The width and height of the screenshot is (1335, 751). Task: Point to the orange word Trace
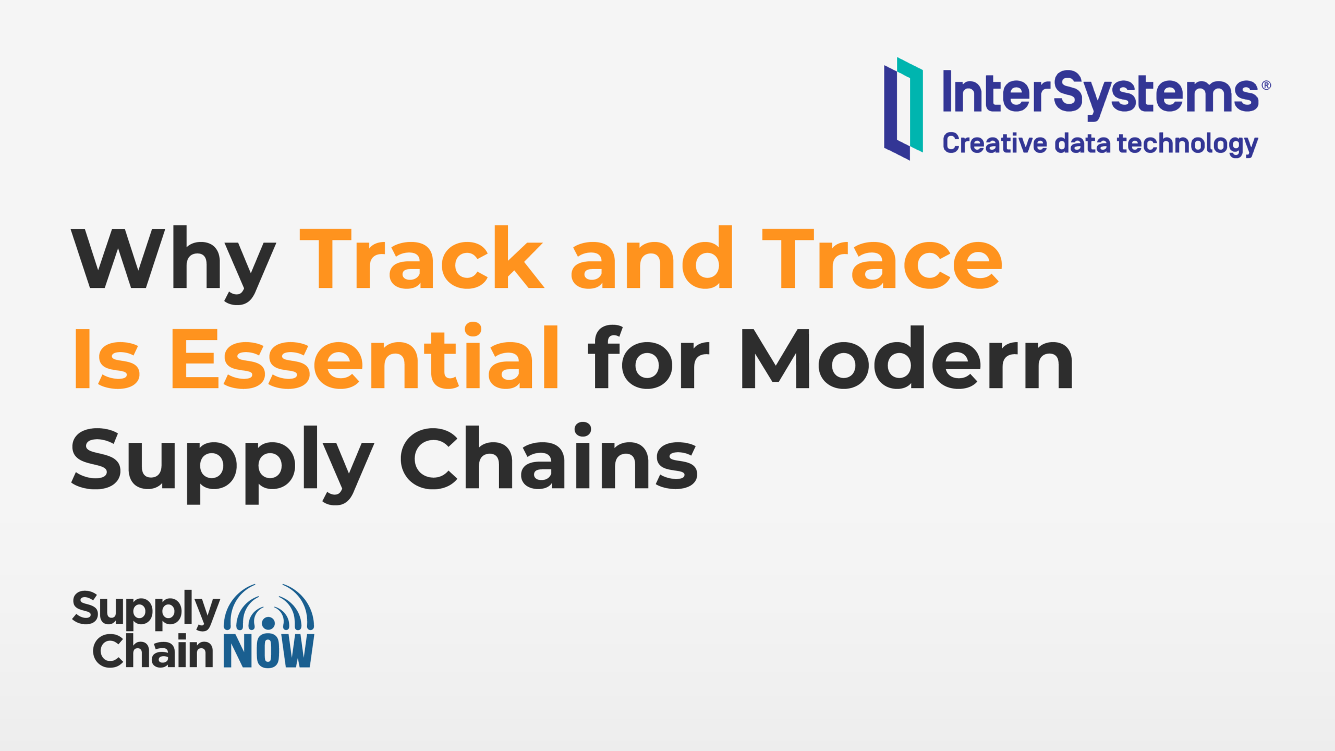coord(882,259)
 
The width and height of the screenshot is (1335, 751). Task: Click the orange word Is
coord(107,359)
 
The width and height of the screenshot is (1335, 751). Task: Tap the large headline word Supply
coord(223,463)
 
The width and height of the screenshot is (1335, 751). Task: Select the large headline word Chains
coord(549,456)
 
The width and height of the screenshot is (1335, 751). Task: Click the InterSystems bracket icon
coord(903,108)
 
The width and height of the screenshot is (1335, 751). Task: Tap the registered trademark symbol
coord(1266,86)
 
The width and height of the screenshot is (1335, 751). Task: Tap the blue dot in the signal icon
coord(269,623)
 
